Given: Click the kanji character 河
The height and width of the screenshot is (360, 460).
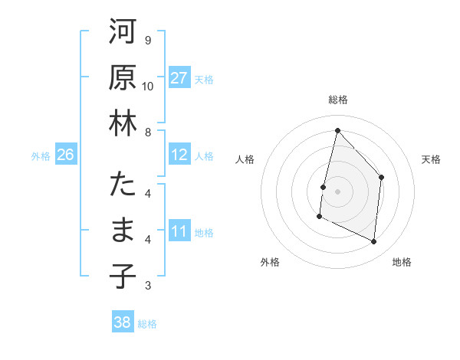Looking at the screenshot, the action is pos(123,34).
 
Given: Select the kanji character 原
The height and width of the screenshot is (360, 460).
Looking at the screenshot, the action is pos(123,78).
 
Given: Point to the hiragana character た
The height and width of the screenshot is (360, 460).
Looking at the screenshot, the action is pos(123,186).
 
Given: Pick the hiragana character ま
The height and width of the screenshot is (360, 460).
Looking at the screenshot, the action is pos(123,231).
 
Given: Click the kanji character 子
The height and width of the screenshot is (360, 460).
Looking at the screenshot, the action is pos(123,276).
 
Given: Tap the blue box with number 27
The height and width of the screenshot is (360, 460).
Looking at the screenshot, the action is pos(179,77).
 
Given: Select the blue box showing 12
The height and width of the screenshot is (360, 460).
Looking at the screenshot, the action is pos(179,155).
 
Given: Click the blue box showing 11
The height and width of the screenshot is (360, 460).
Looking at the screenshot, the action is pos(179,231).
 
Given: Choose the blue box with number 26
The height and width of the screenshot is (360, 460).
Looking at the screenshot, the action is pos(65,155).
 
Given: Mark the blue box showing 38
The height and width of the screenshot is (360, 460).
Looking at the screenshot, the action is pos(122,322).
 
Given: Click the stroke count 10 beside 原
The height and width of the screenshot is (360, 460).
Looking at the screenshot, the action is pos(148,85).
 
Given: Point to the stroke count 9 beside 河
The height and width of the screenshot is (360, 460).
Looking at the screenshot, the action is pos(147,40).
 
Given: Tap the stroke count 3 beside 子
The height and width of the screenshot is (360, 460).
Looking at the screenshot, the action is pos(147,286).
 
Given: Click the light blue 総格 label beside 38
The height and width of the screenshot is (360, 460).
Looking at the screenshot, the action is pos(147,324).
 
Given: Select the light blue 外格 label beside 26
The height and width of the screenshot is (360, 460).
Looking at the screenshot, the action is pos(41,156).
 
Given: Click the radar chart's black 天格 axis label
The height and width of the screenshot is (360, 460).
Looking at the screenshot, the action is pos(431,159).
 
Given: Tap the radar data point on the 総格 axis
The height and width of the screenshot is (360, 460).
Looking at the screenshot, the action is pos(337,130).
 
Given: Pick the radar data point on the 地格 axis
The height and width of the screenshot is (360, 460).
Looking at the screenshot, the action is pos(374,242).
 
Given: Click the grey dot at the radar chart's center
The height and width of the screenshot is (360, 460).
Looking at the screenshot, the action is pos(337,191).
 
